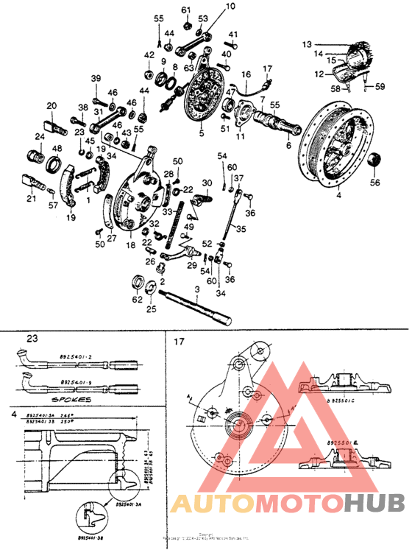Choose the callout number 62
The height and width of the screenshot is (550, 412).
(x=136, y=300)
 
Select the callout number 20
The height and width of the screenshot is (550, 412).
(x=51, y=105)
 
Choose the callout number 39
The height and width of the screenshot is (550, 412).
(x=96, y=79)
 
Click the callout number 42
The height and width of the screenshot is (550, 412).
(x=149, y=54)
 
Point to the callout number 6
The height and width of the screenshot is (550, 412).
(x=288, y=147)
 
